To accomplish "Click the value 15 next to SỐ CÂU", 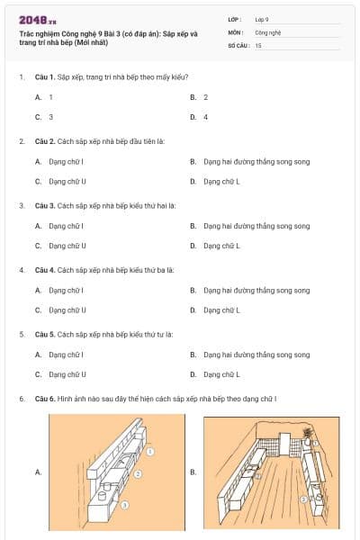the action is point(258,44).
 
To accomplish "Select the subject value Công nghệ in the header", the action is point(268,31).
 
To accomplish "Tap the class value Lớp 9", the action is point(261,19).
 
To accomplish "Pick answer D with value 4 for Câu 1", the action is point(205,117).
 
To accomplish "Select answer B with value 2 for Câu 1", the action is point(205,96).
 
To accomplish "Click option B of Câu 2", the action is point(256,161).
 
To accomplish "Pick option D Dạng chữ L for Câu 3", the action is point(220,245).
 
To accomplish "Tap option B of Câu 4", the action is point(256,290).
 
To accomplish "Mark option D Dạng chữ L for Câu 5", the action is point(220,373).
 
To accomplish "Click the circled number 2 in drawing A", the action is point(138,472).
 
